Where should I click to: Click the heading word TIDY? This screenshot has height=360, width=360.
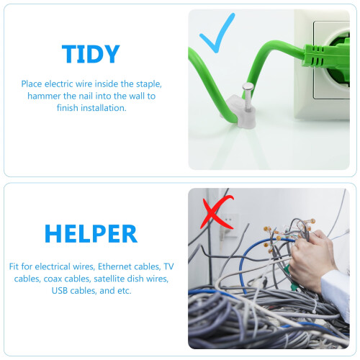pyautogui.click(x=91, y=54)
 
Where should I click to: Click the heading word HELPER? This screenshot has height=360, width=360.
pyautogui.click(x=91, y=234)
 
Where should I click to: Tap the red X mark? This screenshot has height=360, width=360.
pyautogui.click(x=217, y=212)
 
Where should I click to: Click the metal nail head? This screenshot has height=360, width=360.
pyautogui.click(x=248, y=86)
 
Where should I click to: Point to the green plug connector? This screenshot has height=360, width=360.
pyautogui.click(x=326, y=56)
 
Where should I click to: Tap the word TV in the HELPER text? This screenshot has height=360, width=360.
pyautogui.click(x=168, y=266)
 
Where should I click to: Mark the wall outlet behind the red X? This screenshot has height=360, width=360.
pyautogui.click(x=228, y=225)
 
